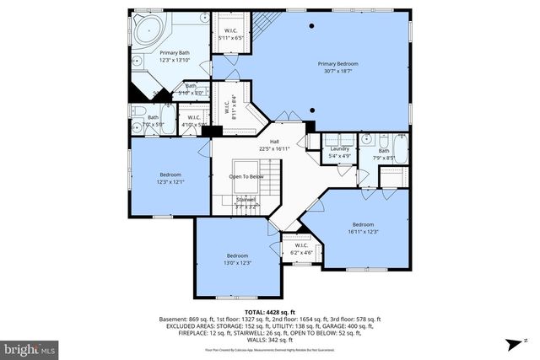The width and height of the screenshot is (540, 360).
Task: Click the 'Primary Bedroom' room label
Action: tap(337, 64)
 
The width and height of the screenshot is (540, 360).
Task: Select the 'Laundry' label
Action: tap(339, 148)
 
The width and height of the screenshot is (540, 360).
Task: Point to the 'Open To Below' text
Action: tap(246, 176)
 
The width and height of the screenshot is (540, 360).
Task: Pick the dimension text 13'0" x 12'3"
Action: tap(237, 263)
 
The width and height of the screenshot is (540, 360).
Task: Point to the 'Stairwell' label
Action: tap(246, 199)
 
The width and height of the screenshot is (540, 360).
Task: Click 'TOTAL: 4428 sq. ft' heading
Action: tap(270, 312)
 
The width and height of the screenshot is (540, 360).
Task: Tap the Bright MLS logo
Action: tap(30, 347)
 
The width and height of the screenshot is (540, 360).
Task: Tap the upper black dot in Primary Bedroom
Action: tap(312, 26)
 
